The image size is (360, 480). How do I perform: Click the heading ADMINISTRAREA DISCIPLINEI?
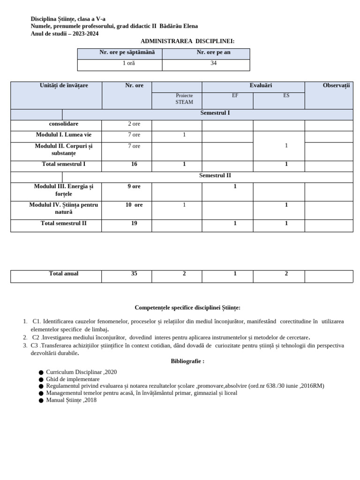[x=187, y=41]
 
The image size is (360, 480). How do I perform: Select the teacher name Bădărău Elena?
[x=179, y=26]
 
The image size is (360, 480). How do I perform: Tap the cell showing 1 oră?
[x=120, y=63]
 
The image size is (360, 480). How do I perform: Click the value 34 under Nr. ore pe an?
[x=213, y=63]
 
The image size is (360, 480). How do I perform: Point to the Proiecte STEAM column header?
[x=184, y=99]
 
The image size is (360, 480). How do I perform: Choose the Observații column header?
[x=336, y=85]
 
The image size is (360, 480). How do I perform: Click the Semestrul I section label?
[x=215, y=113]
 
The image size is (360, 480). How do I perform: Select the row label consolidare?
[x=64, y=124]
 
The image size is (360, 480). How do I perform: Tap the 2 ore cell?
[x=134, y=124]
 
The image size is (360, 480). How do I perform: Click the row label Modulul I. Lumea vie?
[x=64, y=135]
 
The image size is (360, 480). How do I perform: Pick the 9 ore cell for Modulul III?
[x=134, y=187]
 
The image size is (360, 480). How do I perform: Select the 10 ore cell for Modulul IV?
[x=134, y=205]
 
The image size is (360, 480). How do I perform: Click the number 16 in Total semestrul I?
[x=134, y=165]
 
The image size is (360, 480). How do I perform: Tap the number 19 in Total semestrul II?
[x=134, y=224]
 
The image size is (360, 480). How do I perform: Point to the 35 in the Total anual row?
[x=134, y=274]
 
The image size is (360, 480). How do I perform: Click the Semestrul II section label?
[x=215, y=176]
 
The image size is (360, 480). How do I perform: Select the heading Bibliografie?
[x=187, y=361]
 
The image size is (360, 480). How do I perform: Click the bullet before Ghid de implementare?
[x=41, y=380]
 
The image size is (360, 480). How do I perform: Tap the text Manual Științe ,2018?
[x=71, y=400]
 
